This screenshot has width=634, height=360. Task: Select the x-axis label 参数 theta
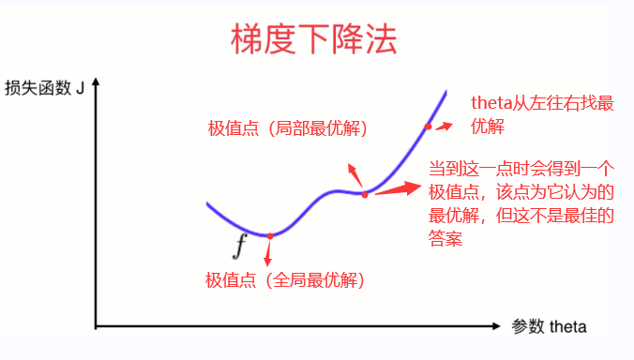tap(549, 327)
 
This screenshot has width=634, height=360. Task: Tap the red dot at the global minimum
tap(269, 236)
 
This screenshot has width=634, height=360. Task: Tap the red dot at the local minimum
tap(365, 194)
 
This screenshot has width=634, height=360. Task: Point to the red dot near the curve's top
tap(429, 126)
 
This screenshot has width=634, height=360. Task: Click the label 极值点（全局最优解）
tap(284, 279)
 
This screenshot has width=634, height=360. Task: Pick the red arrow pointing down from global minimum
tap(268, 253)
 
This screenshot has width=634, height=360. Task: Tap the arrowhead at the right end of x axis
tap(496, 326)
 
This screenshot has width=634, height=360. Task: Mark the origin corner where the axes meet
tap(96, 326)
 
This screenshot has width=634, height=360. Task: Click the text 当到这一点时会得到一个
tap(521, 170)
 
